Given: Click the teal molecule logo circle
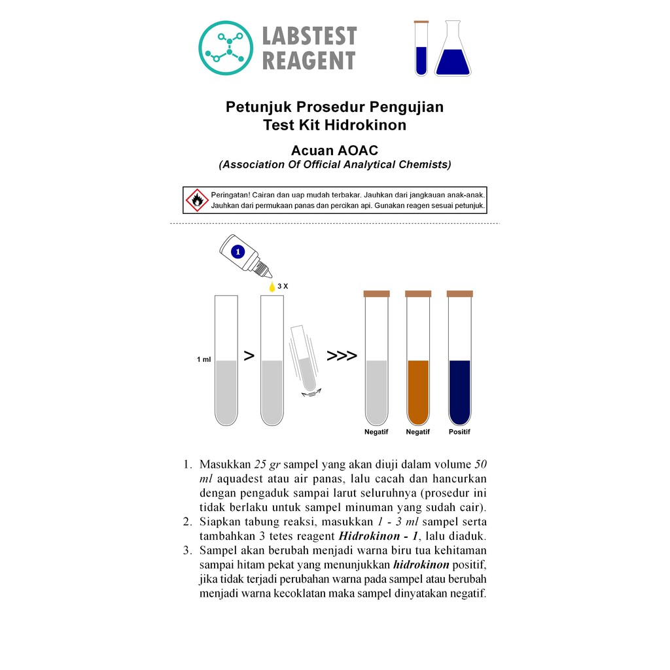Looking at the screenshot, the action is tap(226, 48).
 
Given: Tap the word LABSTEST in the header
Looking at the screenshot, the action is tap(309, 36).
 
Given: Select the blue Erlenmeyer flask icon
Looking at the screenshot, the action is tap(453, 48).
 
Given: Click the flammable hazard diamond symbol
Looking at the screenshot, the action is tap(197, 200).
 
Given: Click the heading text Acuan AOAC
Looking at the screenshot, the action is tap(334, 150).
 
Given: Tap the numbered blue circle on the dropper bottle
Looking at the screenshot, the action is tap(238, 252).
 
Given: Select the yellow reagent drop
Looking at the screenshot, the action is tap(272, 287).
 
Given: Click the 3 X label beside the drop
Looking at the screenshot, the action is tap(283, 287).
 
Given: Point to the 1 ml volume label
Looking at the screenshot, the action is tap(204, 359).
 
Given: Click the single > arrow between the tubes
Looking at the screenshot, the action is tap(249, 355).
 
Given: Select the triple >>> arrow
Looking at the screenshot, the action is tap(342, 355).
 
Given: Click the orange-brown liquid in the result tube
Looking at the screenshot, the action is tap(418, 391).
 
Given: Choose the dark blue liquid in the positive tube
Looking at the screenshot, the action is tap(460, 391).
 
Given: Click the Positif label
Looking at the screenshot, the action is tap(459, 432).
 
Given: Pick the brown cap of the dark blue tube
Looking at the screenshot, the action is tap(460, 294).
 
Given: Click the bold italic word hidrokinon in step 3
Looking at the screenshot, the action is tap(421, 565).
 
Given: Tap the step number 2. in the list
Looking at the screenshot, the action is tap(188, 521).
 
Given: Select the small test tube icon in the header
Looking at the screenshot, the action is tap(421, 48).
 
